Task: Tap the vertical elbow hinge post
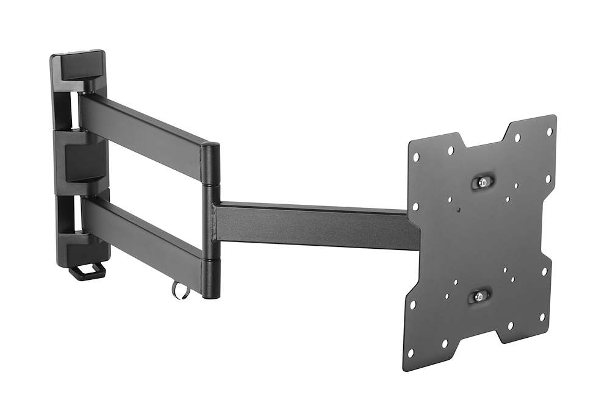click(211, 219)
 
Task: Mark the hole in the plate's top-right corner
click(549, 131)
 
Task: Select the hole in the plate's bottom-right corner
click(541, 317)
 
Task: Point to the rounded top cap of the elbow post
click(211, 148)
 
